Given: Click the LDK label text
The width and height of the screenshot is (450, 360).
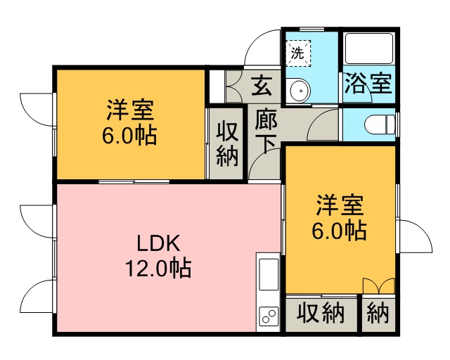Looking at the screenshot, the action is pos(158,243).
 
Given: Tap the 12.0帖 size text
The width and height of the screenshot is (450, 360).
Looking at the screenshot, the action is pos(158,268).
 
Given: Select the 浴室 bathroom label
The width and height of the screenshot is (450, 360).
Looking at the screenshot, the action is pos(368,84).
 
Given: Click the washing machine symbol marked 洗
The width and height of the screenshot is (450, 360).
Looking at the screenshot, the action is pos(298,53).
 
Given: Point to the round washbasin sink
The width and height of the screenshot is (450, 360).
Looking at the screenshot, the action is pos(300,91).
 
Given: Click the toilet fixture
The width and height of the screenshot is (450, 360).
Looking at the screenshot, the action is pos(380,124).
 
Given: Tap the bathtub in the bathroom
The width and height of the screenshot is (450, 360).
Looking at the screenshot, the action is pos(369,49).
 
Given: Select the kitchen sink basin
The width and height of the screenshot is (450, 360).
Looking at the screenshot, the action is pos(269,274).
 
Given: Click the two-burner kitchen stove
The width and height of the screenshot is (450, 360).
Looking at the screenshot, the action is pos(269,316).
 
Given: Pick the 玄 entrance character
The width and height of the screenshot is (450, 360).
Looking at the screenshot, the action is pos(261,85).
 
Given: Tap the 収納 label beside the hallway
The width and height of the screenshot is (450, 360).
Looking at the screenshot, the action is pos(227,144).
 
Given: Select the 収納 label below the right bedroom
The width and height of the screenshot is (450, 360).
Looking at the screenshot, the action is pos(321,313).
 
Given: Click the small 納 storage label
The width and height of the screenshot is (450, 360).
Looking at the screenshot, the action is pos(378,313).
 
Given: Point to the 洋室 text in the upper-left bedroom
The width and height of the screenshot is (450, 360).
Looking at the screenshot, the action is pos(130,110).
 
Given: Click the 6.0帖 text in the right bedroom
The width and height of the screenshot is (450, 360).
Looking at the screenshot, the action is pos(339,231).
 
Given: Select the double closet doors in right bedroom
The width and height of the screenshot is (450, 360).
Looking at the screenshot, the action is pos(379,285).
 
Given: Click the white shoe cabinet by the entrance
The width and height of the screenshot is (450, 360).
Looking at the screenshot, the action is pos(217,86).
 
